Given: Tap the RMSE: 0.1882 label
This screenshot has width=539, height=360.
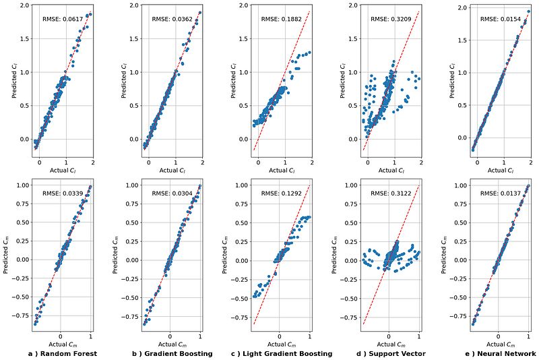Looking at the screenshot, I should [279, 20].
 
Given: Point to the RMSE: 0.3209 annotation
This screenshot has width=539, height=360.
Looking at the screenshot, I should [388, 20].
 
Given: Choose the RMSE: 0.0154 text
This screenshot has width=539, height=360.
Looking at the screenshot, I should [497, 20].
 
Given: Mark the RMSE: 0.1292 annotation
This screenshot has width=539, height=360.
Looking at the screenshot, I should [279, 193].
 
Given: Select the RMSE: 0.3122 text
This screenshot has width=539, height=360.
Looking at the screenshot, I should [388, 193].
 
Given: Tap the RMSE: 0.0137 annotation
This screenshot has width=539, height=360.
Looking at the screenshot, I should [497, 193].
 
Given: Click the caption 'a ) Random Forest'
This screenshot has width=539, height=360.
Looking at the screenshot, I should [62, 353].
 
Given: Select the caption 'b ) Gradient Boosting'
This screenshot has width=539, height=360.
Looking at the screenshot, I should [171, 353].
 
